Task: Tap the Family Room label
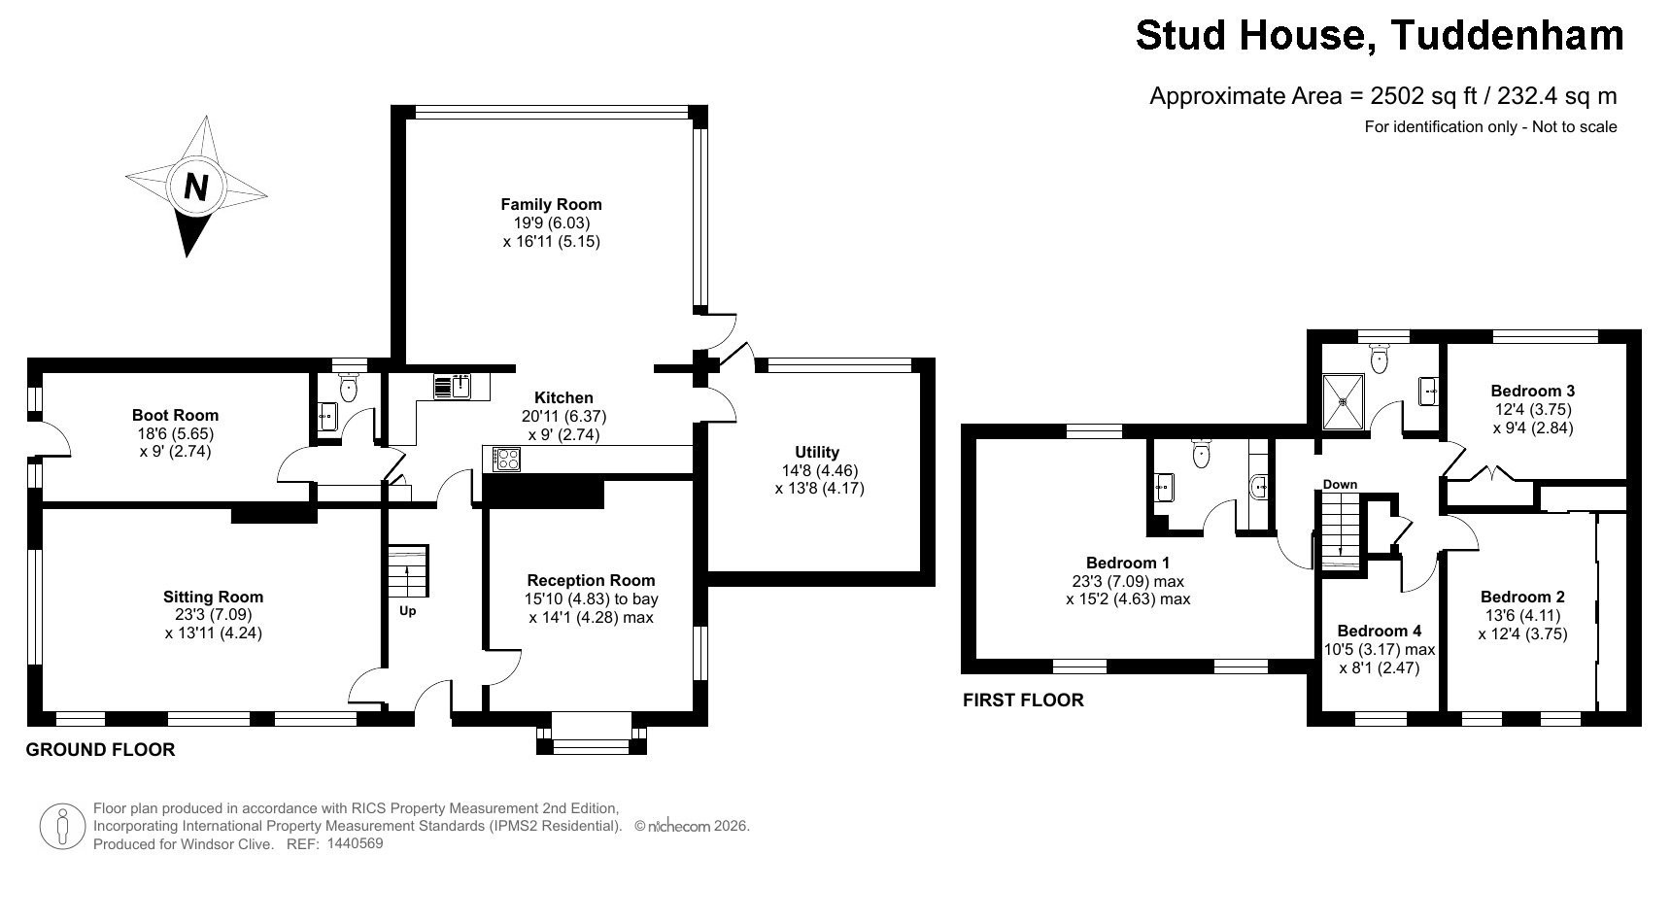(551, 204)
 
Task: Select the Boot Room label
(175, 415)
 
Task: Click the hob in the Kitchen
(507, 459)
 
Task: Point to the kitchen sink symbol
(453, 387)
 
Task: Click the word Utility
(817, 452)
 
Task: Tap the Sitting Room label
(213, 597)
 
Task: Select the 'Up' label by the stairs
(408, 611)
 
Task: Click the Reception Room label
(591, 580)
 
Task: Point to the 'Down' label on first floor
(1340, 484)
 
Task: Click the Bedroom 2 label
(1522, 597)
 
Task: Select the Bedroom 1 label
(1128, 563)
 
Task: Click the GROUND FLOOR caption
(100, 750)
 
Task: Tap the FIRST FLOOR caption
(1023, 700)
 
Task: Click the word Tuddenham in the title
(1508, 35)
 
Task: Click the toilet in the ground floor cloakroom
(349, 387)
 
